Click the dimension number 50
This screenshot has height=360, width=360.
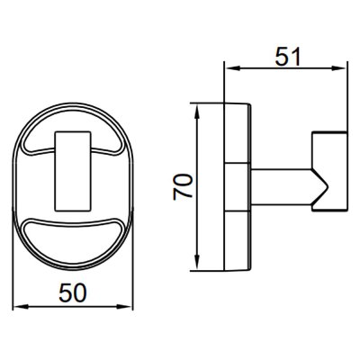click(73, 292)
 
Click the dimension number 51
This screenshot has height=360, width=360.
click(288, 57)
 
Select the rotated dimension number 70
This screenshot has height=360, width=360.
click(183, 187)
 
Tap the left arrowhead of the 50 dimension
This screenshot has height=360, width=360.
click(21, 307)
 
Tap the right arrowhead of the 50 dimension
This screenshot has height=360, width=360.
click(124, 307)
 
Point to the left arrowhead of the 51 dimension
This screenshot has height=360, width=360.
click(233, 68)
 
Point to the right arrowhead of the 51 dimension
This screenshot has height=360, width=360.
click(338, 68)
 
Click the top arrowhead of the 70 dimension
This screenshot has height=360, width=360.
click(197, 112)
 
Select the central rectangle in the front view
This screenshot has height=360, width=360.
click(72, 171)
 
